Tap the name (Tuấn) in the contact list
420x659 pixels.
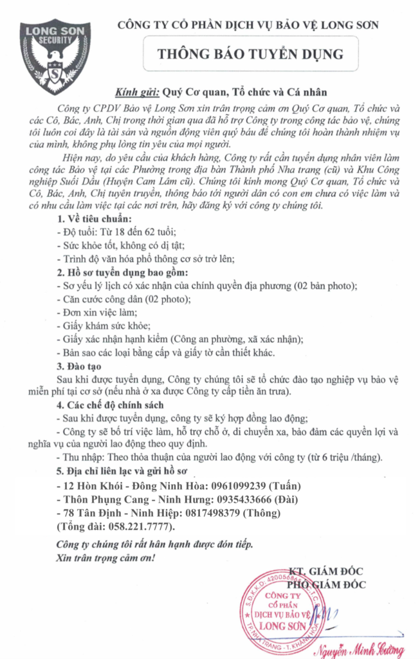285,485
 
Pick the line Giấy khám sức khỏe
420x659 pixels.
104,325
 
